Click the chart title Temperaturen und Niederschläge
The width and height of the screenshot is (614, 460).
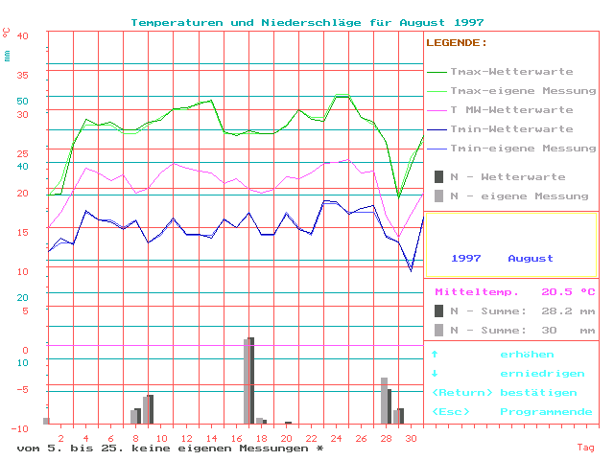click(307, 22)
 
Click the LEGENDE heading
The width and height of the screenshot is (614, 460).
click(457, 43)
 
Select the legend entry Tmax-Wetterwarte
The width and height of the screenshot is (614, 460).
click(511, 72)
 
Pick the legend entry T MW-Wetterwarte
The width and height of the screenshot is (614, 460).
click(511, 110)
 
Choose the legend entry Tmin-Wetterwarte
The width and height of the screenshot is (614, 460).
click(511, 129)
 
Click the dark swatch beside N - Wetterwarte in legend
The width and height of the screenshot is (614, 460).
click(438, 176)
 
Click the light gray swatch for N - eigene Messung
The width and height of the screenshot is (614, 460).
click(438, 195)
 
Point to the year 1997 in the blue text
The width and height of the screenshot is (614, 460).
click(466, 259)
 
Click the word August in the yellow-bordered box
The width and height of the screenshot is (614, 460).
click(531, 259)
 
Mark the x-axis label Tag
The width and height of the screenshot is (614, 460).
click(585, 448)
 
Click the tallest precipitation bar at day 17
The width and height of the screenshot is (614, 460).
click(249, 380)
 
